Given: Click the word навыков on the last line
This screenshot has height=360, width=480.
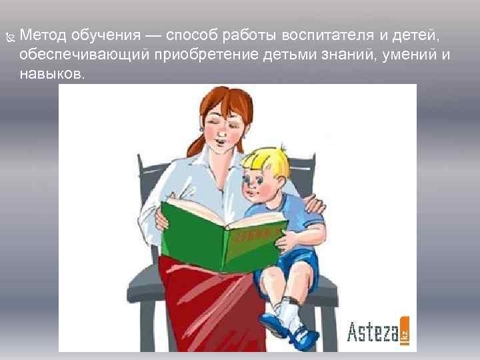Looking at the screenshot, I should [52, 74].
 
